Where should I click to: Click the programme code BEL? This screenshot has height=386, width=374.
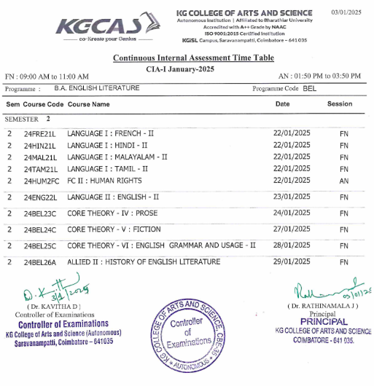coord(310,88)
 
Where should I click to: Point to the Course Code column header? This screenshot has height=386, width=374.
coord(44,104)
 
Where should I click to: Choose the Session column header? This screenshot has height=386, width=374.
coord(340,104)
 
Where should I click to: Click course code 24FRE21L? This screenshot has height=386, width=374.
coord(39,135)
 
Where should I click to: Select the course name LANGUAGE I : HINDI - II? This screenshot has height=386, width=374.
coord(108,146)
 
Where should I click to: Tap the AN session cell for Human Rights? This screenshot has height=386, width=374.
coord(344,180)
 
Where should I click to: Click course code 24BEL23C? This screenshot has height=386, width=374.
coord(39,214)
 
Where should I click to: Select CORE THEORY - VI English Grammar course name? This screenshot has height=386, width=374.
coord(161,245)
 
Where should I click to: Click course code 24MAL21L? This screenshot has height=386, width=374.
coord(39,157)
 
